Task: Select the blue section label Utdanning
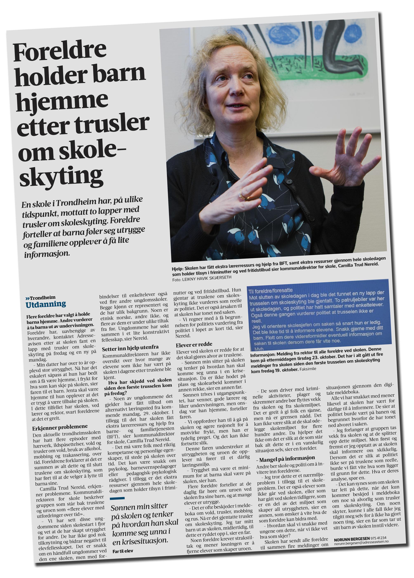tap(46, 304)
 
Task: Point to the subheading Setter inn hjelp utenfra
tap(130, 348)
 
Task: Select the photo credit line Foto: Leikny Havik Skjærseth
tap(202, 278)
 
